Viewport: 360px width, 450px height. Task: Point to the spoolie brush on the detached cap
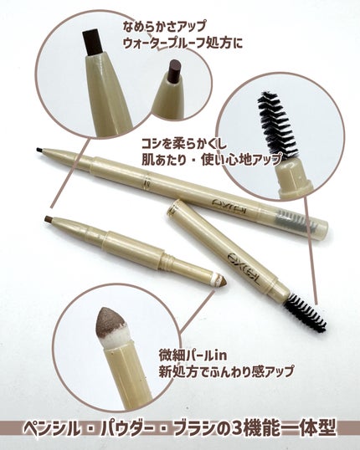[306, 313]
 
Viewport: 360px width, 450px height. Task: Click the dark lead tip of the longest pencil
[39, 150]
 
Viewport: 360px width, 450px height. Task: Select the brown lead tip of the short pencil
[48, 218]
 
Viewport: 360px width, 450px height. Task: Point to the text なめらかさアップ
[164, 27]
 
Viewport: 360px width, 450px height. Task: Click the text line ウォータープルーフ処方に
[183, 43]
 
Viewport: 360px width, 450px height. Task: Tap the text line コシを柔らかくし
[184, 144]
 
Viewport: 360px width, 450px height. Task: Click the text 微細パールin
[193, 355]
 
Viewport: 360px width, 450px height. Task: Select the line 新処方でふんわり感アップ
[226, 371]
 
